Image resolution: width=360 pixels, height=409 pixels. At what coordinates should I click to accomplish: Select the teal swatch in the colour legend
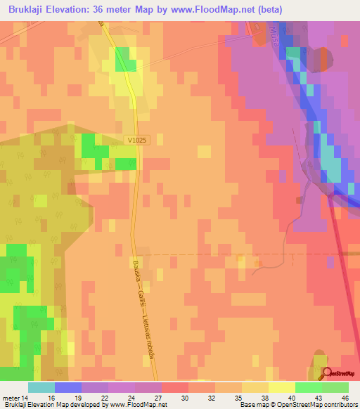tap(41, 387)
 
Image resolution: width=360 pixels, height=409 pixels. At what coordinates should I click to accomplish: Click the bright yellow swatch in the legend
tap(281, 387)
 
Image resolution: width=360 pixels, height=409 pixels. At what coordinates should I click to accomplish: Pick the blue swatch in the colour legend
tap(67, 387)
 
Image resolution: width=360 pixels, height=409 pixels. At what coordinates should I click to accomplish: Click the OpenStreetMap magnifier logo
tap(326, 373)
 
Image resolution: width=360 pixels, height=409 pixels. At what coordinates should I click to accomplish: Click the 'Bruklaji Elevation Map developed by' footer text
tap(42, 405)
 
